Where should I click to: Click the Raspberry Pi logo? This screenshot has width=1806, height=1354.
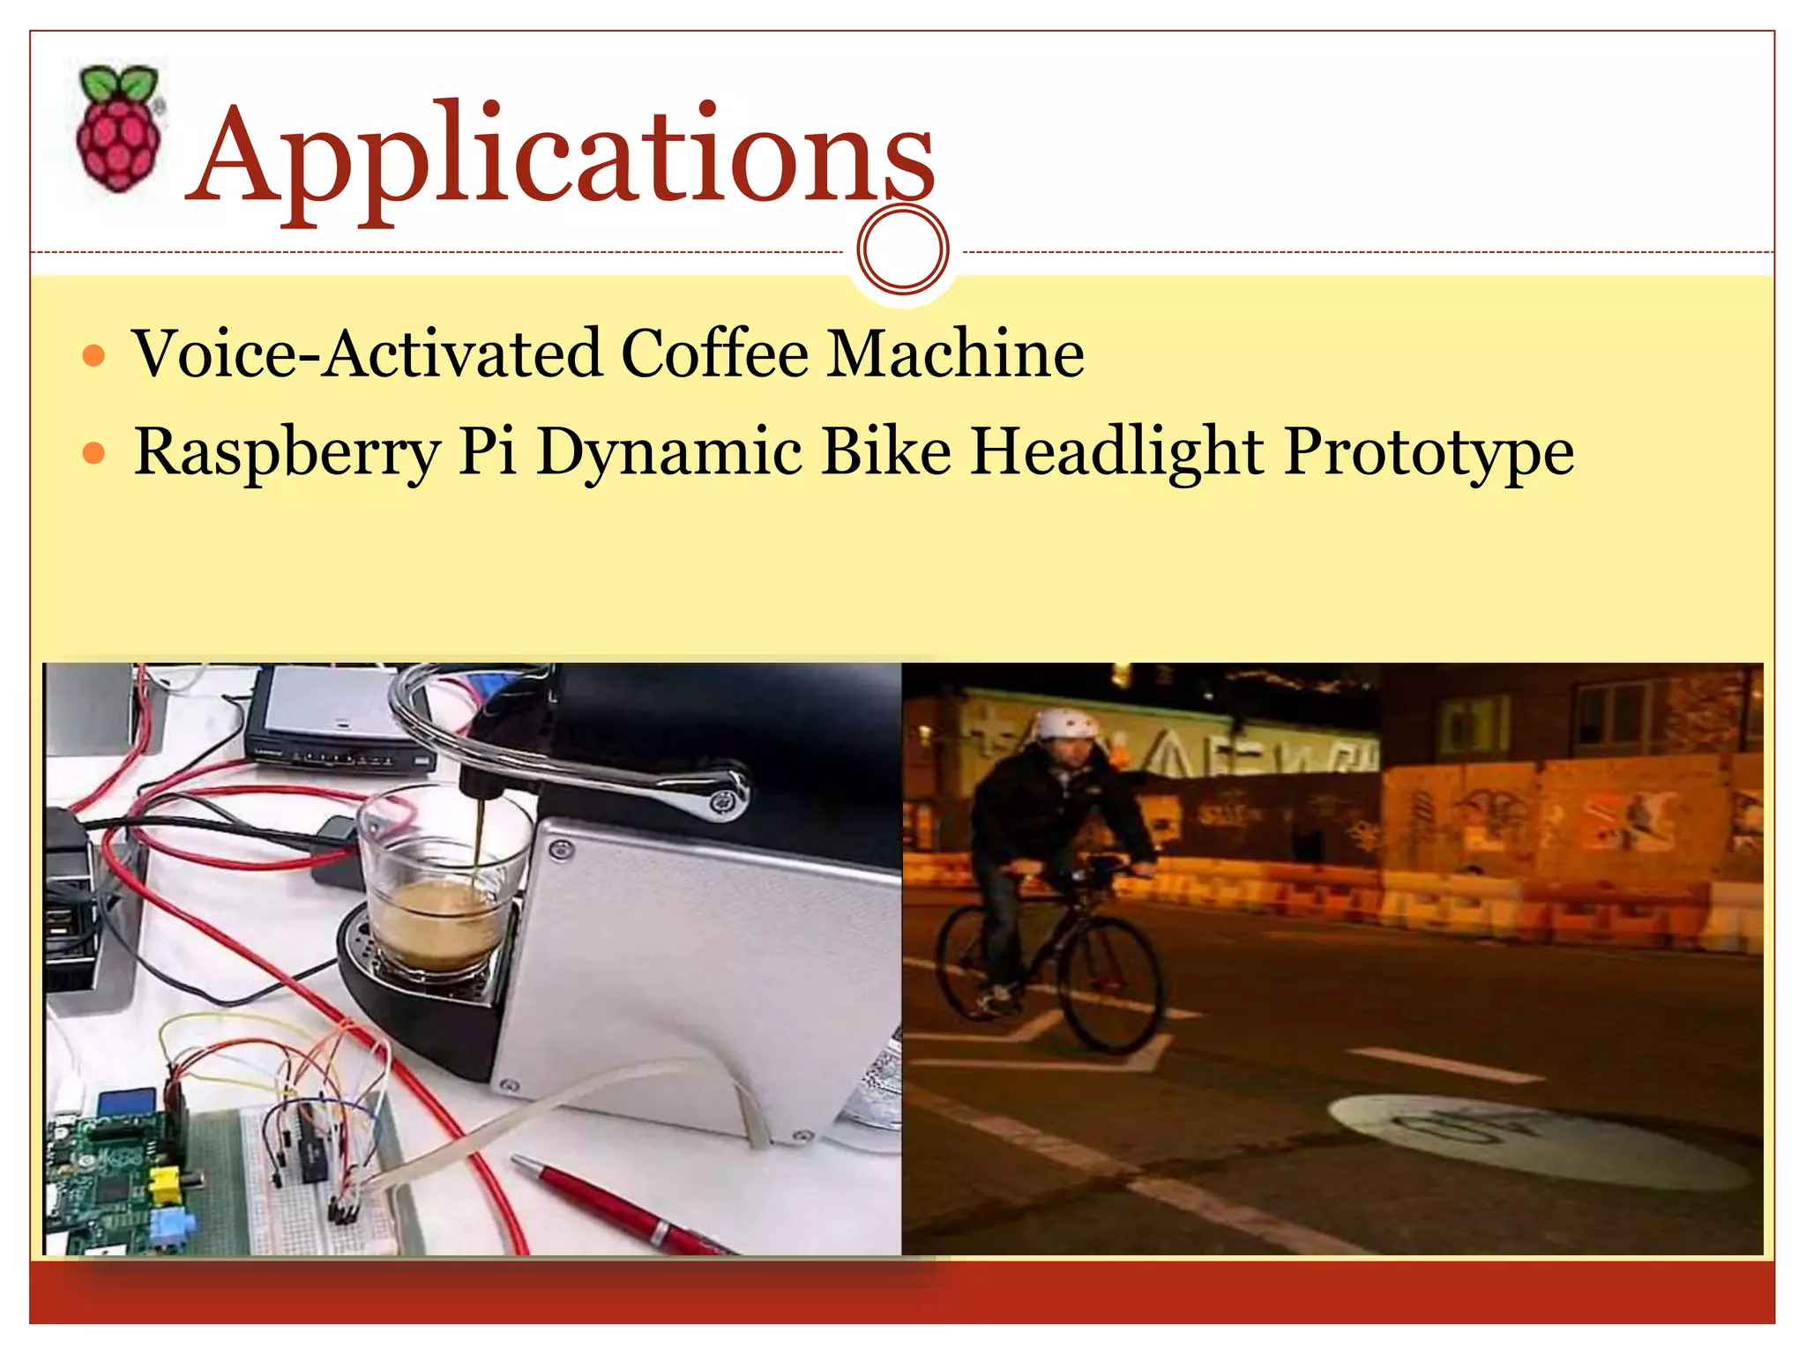119,129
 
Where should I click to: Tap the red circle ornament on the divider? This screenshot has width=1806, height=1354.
902,249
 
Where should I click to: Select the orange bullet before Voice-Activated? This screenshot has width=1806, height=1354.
93,357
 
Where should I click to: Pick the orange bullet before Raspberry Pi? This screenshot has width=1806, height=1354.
93,454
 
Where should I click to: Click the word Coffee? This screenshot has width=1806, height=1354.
714,354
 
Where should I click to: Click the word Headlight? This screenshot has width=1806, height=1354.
1117,451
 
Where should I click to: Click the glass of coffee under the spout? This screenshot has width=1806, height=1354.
437,890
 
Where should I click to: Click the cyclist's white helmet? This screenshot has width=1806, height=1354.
1066,725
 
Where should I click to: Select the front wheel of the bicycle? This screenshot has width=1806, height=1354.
1111,983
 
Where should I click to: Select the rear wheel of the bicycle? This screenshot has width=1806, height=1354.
970,961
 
